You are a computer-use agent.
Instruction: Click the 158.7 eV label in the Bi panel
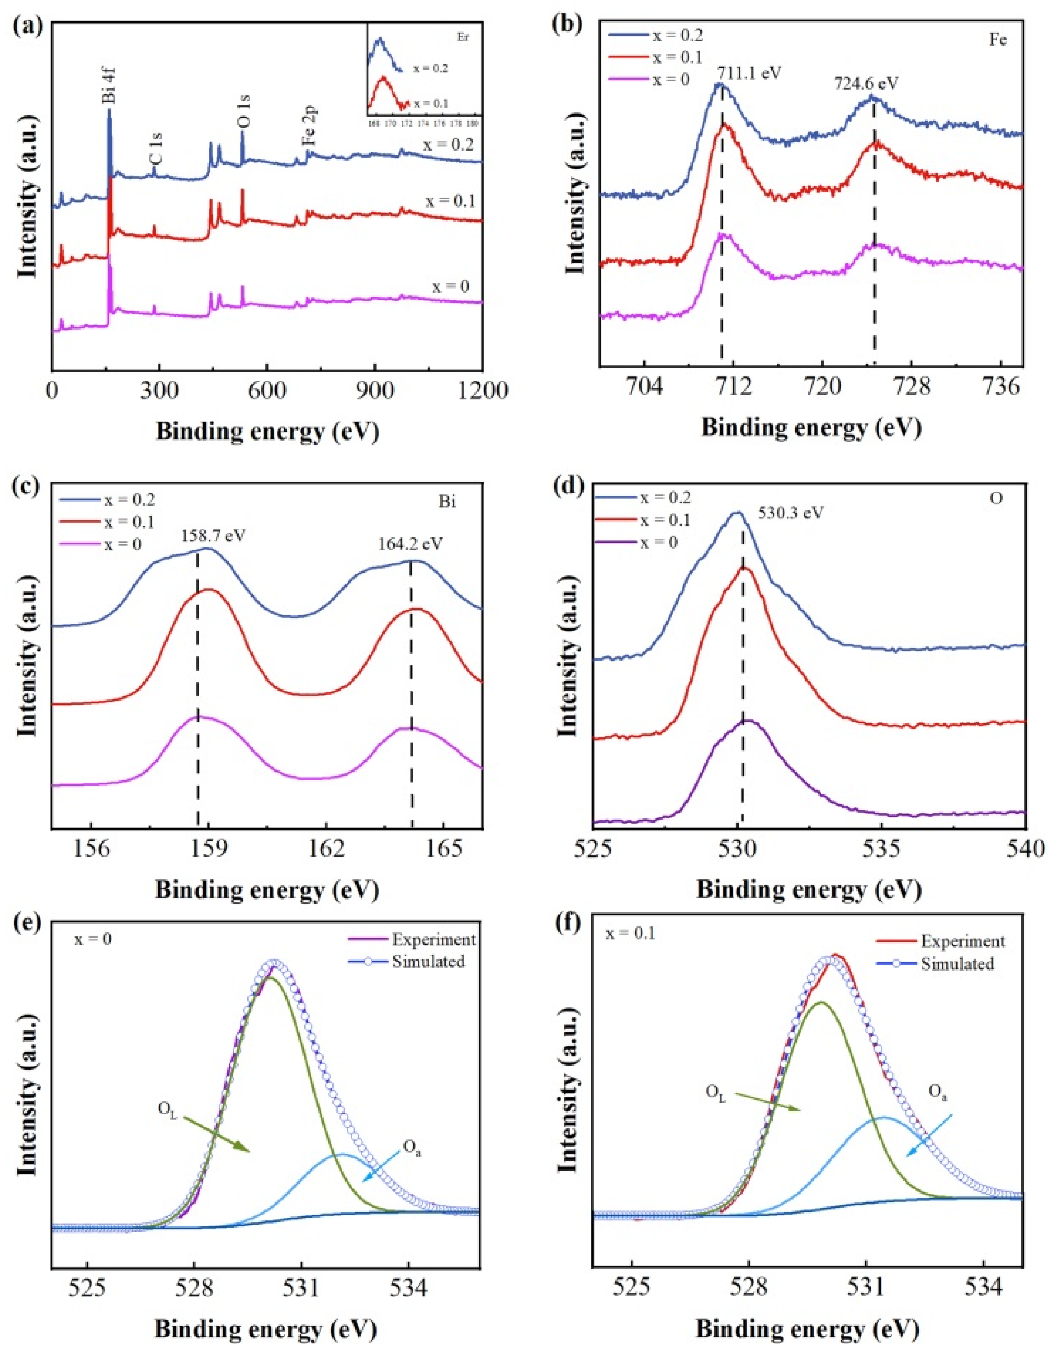tap(213, 534)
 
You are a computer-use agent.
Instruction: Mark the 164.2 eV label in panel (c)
tap(411, 544)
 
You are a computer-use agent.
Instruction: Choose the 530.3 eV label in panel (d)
tap(790, 513)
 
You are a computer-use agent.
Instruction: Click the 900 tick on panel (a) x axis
tap(375, 391)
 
